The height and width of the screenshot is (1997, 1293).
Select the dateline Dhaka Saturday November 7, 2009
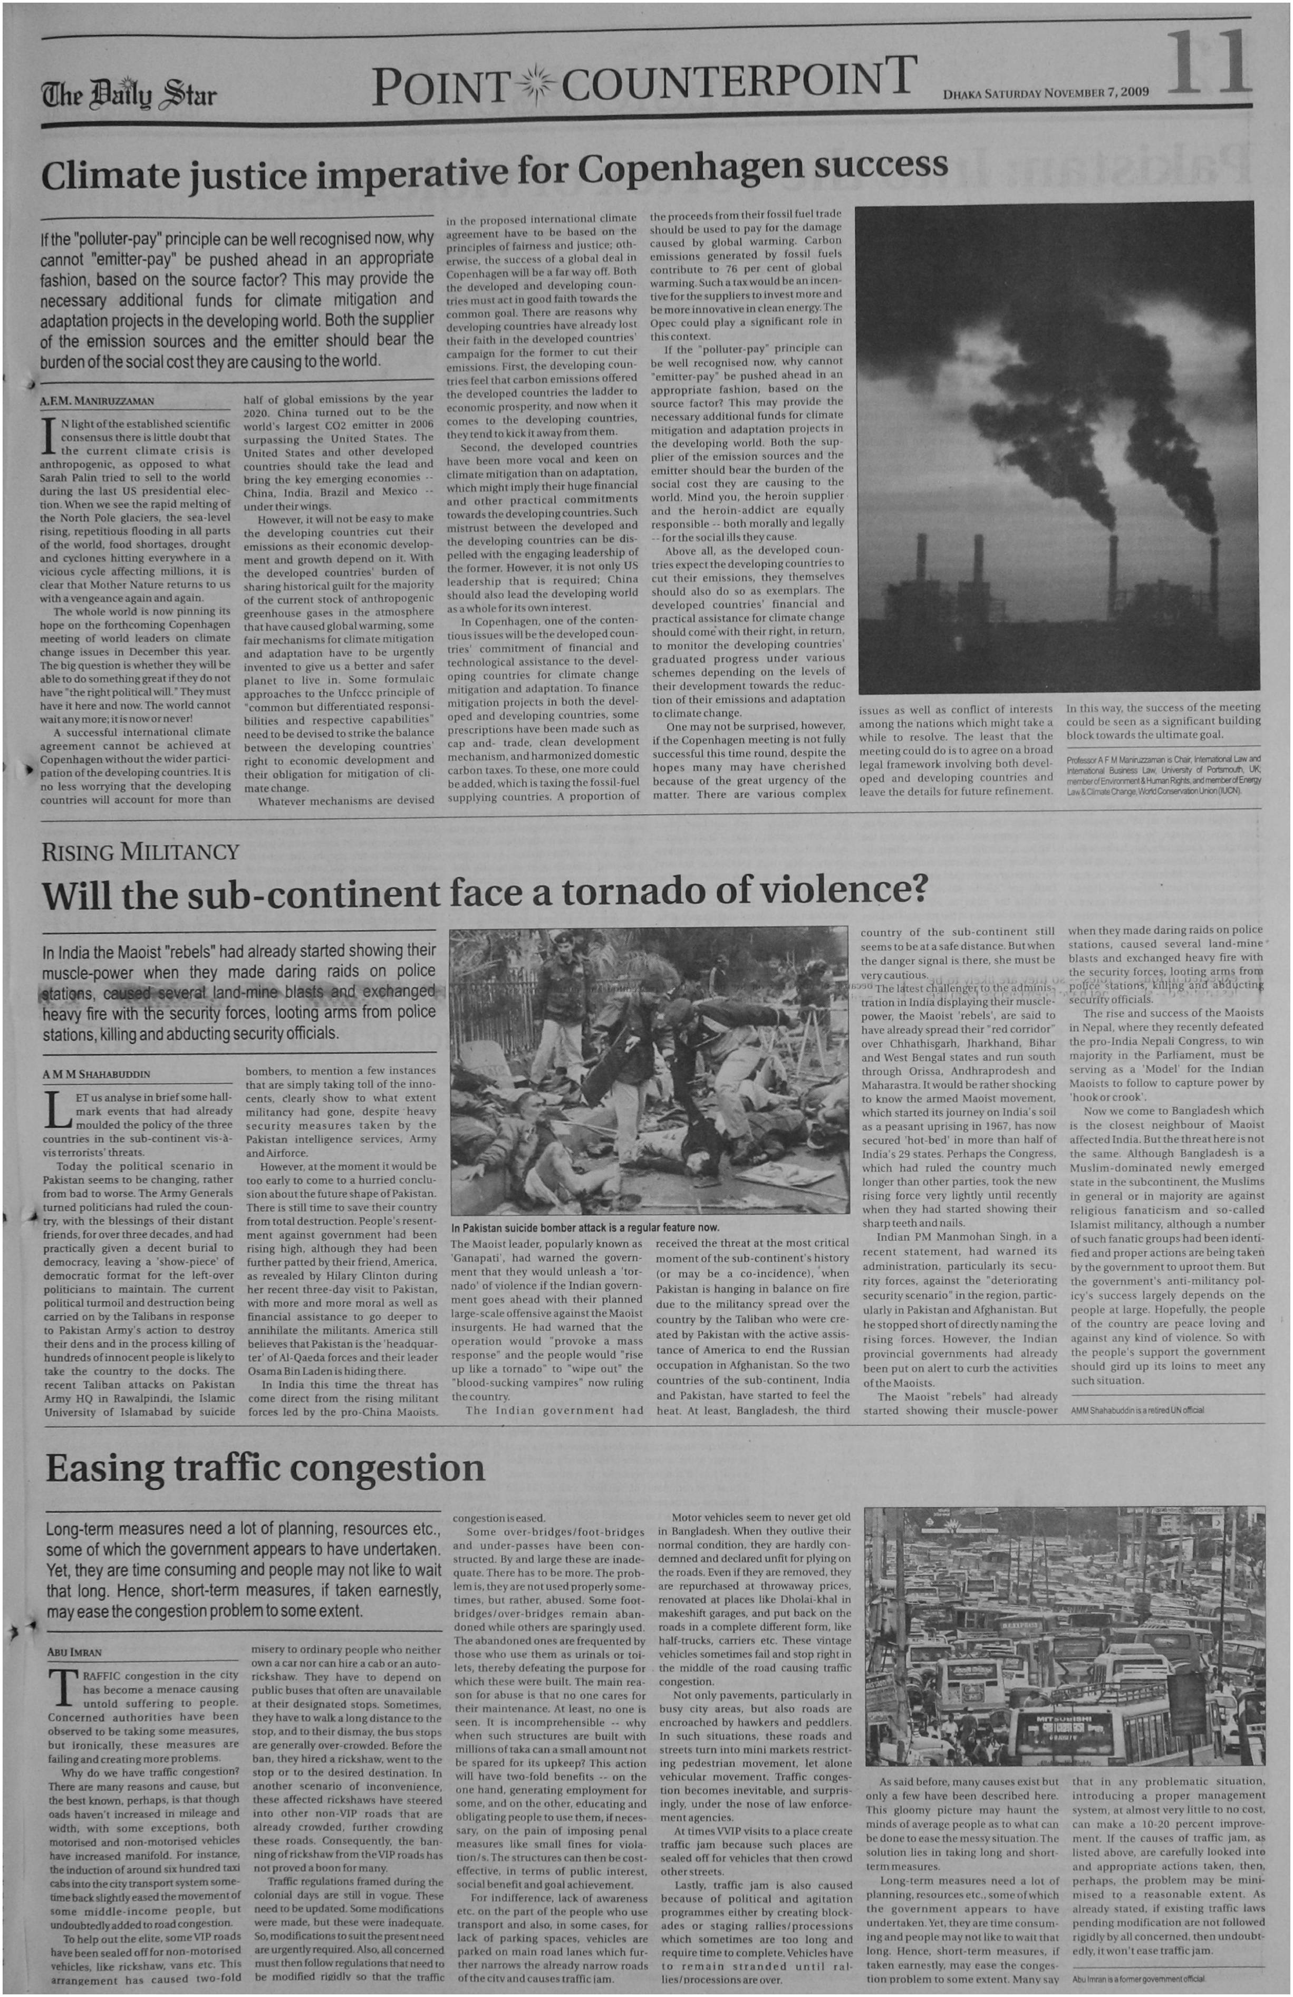pyautogui.click(x=1046, y=92)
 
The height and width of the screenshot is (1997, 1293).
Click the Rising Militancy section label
pyautogui.click(x=140, y=852)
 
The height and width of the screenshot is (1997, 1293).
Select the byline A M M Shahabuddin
pyautogui.click(x=97, y=1074)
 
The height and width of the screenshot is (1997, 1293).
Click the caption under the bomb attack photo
pyautogui.click(x=585, y=1227)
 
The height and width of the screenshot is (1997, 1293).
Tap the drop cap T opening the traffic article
pyautogui.click(x=63, y=1688)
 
